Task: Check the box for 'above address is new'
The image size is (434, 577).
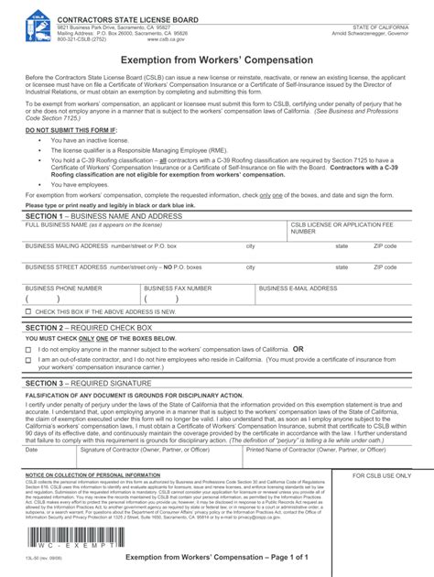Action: click(28, 313)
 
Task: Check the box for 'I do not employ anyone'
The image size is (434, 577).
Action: click(28, 350)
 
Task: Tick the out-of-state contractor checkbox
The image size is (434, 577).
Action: click(28, 361)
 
